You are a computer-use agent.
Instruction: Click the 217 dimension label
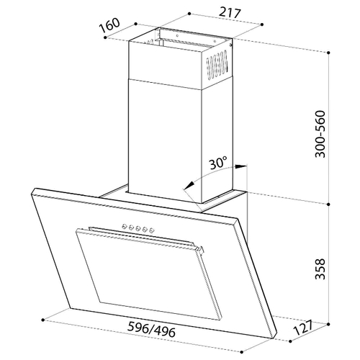click(x=230, y=13)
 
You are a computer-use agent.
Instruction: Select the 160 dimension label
click(x=109, y=25)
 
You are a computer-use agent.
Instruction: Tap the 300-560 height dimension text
click(x=320, y=134)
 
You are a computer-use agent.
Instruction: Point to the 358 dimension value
click(x=320, y=269)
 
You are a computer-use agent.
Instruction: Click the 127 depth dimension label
click(x=304, y=328)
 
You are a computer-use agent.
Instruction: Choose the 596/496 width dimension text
click(x=151, y=330)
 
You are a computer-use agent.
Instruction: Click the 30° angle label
click(x=217, y=163)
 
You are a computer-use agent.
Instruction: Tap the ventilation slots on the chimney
click(x=217, y=66)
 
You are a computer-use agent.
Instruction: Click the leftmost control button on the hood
click(x=124, y=225)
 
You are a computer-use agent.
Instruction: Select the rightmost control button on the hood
click(x=151, y=231)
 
